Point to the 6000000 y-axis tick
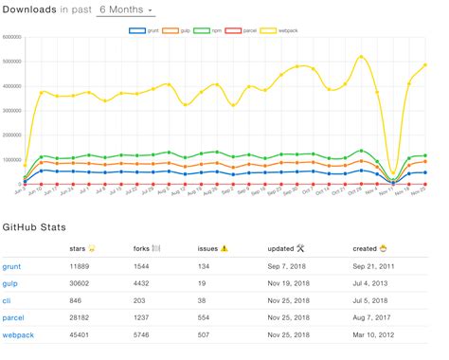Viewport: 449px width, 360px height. click(x=14, y=37)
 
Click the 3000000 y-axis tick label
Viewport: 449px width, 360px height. click(x=14, y=111)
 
